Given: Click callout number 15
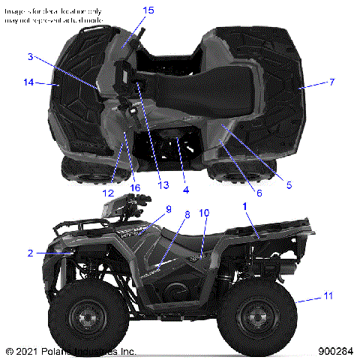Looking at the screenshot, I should (148, 10).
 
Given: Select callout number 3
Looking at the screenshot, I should (30, 57).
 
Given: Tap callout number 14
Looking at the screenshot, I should (28, 82).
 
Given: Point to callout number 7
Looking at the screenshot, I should (331, 81).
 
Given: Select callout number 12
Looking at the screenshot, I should (108, 193).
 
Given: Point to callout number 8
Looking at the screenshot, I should (187, 214).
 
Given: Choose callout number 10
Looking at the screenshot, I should (203, 214).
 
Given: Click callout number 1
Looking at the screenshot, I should (243, 205).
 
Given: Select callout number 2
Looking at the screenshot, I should (30, 253).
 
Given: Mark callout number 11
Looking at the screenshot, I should (328, 298).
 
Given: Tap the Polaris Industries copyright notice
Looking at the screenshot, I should (70, 351).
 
